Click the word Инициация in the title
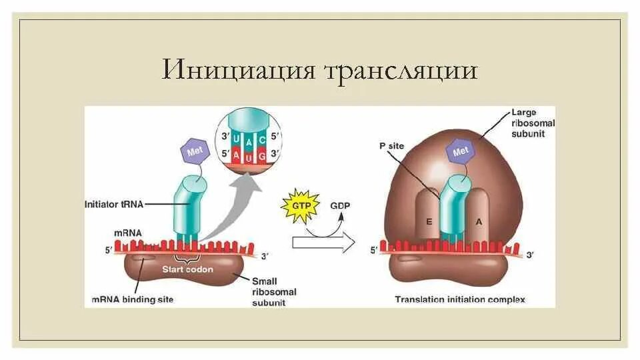click(x=238, y=70)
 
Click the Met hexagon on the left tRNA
click(x=195, y=152)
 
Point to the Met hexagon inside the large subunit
click(x=461, y=152)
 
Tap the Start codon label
click(x=188, y=269)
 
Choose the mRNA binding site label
click(x=133, y=299)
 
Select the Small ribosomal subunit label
click(x=274, y=291)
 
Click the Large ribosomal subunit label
click(x=533, y=123)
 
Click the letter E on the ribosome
click(x=429, y=222)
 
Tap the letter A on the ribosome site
click(x=478, y=222)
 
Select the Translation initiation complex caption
click(x=459, y=299)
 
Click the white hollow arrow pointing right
click(x=323, y=243)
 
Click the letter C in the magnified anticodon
click(x=261, y=139)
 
